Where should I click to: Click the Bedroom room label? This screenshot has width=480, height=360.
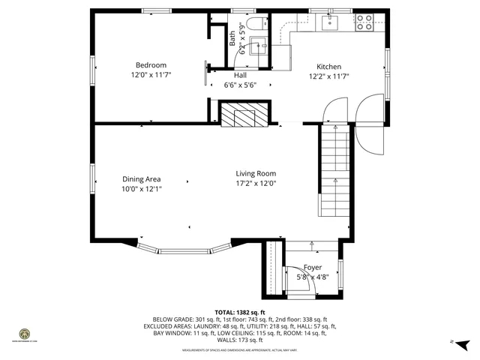(151, 65)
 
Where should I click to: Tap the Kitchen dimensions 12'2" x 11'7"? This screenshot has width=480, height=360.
(328, 76)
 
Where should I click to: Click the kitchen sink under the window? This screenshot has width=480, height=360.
(331, 23)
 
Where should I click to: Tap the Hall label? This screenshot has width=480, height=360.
(240, 76)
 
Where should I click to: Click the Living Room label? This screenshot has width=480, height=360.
(256, 174)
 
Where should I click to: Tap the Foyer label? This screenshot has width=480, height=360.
(313, 268)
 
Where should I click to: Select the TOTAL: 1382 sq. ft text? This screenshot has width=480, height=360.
(239, 312)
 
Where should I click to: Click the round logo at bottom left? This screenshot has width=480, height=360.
(25, 334)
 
